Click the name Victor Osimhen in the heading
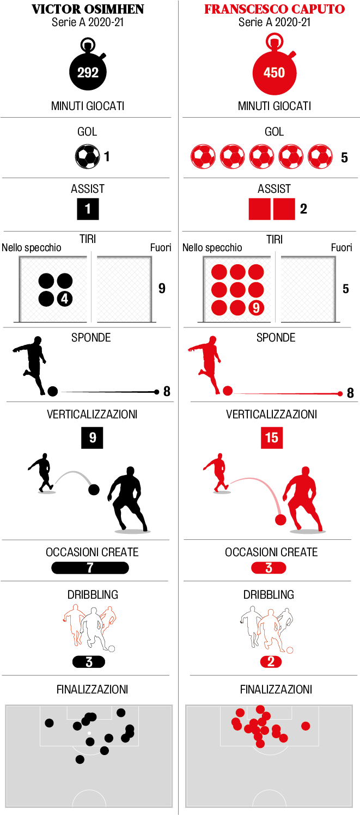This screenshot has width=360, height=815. (88, 9)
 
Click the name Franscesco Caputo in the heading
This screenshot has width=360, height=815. (274, 9)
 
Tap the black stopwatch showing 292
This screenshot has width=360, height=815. (88, 71)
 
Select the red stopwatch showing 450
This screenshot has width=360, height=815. (274, 71)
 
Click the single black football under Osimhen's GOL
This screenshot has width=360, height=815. (87, 156)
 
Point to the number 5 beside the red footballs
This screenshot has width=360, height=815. (344, 157)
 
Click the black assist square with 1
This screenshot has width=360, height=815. (88, 209)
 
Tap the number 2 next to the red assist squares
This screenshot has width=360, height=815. (303, 209)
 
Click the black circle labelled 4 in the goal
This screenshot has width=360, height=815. (64, 299)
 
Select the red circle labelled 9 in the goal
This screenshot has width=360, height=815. (256, 308)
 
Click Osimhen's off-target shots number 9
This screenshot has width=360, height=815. (162, 288)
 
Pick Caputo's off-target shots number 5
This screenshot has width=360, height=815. (346, 288)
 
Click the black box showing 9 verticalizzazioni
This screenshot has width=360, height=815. (92, 437)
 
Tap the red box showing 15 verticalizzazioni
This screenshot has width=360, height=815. (271, 437)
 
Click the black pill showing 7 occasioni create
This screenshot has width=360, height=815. (90, 568)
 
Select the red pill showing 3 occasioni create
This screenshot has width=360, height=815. (269, 568)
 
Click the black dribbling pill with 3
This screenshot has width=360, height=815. (89, 662)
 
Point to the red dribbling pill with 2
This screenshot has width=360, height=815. (271, 662)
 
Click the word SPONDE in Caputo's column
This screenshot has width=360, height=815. (276, 338)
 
